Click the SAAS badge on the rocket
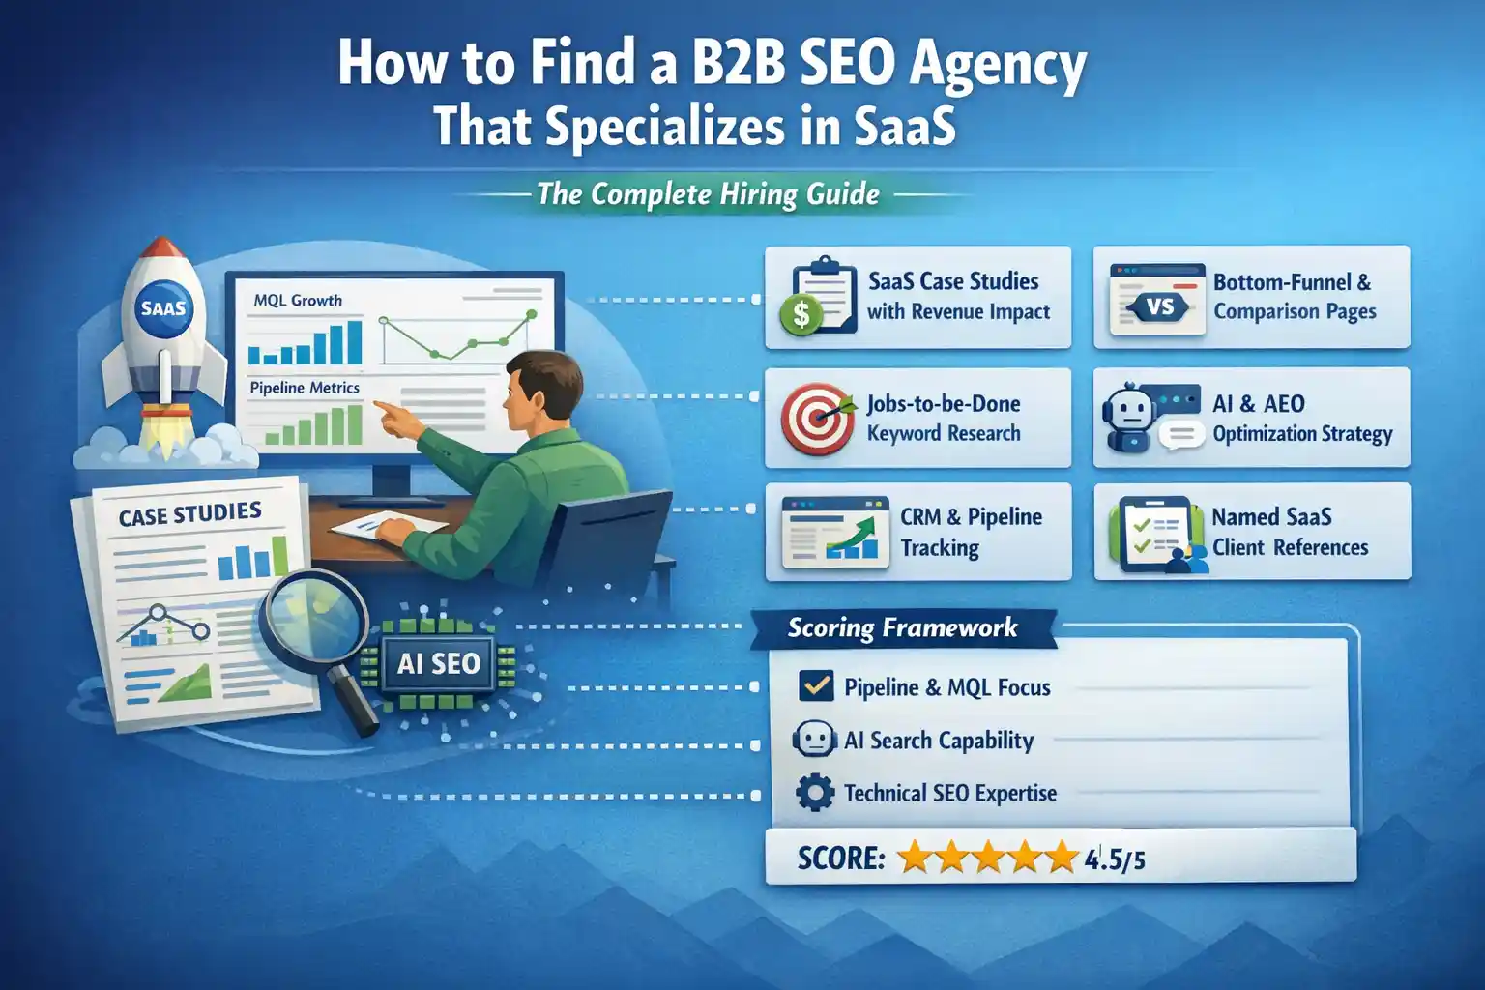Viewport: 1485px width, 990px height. click(x=163, y=308)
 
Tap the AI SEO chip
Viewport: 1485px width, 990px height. click(x=438, y=664)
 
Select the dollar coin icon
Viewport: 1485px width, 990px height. click(x=801, y=313)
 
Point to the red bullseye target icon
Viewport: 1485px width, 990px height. click(x=817, y=419)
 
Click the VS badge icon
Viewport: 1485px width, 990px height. click(x=1159, y=307)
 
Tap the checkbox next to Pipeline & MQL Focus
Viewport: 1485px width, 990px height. click(x=816, y=686)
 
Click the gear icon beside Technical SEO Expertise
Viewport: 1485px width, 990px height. click(x=814, y=793)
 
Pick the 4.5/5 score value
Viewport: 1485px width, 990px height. click(x=1115, y=859)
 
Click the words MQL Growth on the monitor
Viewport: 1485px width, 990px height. click(x=298, y=301)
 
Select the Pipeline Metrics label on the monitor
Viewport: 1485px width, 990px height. click(x=305, y=388)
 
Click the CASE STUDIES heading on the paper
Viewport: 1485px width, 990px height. click(x=190, y=514)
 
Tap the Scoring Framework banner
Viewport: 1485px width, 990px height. click(x=902, y=628)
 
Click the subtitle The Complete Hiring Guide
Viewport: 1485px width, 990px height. click(x=708, y=194)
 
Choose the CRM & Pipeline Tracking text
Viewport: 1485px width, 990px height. click(x=971, y=532)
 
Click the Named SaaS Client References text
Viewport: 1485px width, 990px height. click(x=1290, y=532)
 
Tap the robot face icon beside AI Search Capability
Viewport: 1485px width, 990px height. click(x=813, y=741)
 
